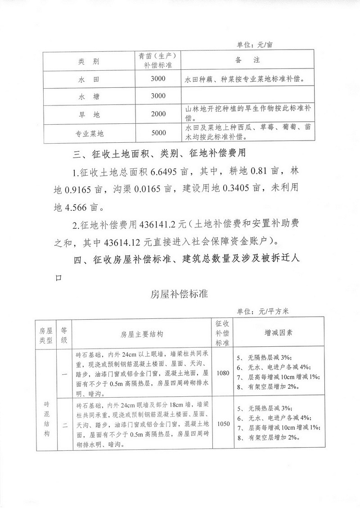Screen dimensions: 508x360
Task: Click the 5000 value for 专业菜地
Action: (158, 133)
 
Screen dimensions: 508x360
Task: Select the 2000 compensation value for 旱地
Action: (158, 114)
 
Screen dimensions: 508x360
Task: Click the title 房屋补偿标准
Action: (180, 295)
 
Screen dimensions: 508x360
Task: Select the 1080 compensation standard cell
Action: (223, 373)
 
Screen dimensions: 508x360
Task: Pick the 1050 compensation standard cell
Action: (223, 423)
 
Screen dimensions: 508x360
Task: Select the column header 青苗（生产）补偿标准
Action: (158, 60)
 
